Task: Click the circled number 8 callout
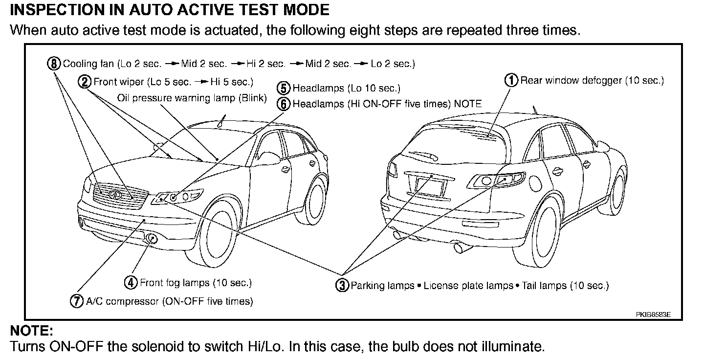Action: point(55,64)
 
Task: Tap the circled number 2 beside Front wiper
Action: point(85,81)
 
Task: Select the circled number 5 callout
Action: point(284,89)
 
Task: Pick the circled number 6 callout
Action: point(284,104)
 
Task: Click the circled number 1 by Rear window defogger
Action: point(511,80)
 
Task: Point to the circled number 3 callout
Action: point(342,285)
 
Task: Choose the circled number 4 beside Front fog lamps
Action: point(131,282)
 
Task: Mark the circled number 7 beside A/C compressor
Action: point(77,301)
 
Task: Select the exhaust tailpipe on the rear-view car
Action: point(461,248)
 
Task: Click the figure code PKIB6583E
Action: point(653,315)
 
